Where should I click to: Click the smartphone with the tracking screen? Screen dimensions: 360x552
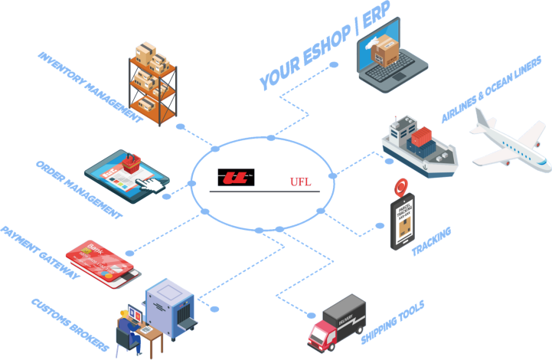[403, 221]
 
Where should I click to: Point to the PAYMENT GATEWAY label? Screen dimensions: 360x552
[38, 254]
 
